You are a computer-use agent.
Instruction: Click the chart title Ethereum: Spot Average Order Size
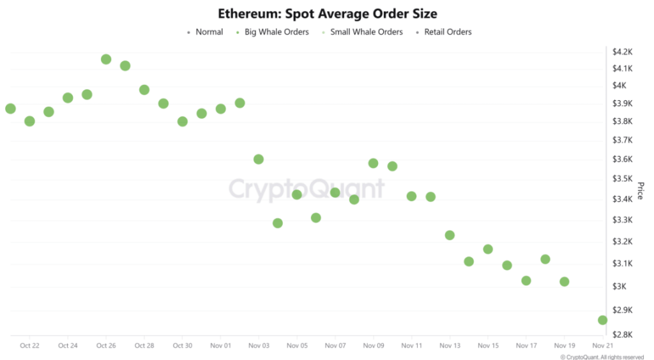327,13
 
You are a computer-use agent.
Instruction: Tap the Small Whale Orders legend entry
362,32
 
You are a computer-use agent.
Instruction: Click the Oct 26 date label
106,346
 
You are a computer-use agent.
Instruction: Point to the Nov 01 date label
220,346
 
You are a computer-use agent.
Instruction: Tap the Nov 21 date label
602,346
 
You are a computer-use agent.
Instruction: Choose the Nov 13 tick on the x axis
450,346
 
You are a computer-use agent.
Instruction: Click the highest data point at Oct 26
106,59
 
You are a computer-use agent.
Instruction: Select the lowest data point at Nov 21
602,320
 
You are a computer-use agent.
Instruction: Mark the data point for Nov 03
259,159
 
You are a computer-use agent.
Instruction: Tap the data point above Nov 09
374,163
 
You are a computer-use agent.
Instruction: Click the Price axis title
640,190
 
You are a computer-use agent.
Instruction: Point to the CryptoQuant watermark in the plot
307,189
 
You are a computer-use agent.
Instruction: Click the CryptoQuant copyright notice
602,357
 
